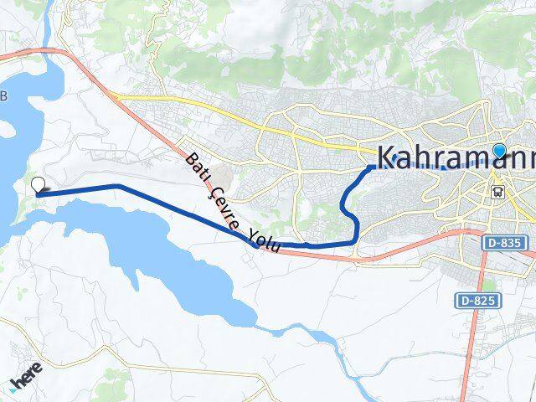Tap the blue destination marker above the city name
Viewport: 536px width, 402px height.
point(500,152)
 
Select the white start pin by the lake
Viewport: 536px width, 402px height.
point(38,186)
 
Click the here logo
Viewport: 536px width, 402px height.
point(27,381)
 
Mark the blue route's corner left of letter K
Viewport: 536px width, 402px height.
point(369,167)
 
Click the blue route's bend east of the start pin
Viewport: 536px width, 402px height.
point(118,186)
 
